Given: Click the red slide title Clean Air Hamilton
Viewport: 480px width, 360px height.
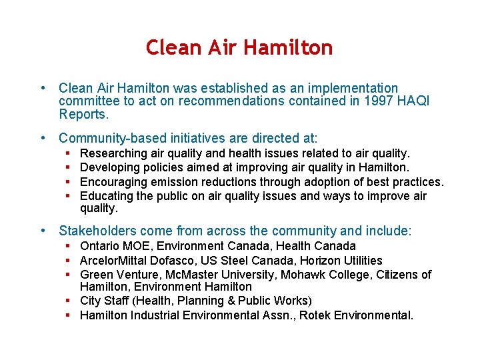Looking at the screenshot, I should pos(239,47).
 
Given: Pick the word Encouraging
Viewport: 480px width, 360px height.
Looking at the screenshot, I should pos(113,182).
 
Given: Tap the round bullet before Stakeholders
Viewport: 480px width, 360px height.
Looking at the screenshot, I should pos(43,231).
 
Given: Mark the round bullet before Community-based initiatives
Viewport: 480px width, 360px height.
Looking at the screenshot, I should pos(43,138).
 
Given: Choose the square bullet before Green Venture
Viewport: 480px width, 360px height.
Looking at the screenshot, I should pos(69,275).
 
